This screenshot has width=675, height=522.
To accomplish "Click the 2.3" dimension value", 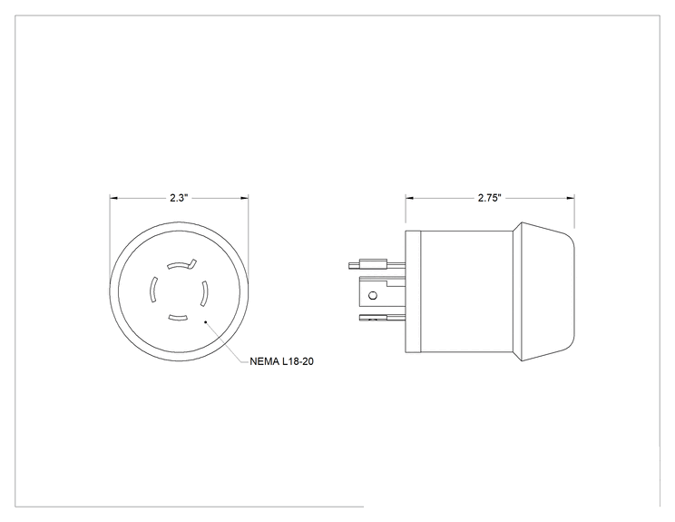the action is click(179, 198).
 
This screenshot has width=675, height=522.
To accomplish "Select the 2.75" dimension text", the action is click(490, 198).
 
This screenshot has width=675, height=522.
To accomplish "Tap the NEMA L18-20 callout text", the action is click(281, 361).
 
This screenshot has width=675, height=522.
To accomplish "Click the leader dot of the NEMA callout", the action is click(206, 321).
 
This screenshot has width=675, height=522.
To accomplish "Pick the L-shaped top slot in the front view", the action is click(181, 264).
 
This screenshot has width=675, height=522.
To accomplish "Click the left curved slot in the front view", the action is click(152, 290).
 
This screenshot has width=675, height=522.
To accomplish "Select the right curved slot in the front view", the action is click(204, 294).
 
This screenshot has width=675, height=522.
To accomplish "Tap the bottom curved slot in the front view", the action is click(178, 318).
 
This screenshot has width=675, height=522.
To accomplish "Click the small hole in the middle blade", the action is click(373, 295).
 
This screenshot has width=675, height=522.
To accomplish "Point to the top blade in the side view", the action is click(377, 264).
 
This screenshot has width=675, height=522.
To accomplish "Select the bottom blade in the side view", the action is click(382, 319).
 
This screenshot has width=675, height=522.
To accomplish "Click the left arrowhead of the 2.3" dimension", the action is click(113, 198).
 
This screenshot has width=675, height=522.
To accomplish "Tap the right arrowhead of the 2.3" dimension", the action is click(244, 198).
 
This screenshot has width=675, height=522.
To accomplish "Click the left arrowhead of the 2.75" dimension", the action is click(409, 198).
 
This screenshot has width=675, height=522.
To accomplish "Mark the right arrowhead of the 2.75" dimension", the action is click(571, 198).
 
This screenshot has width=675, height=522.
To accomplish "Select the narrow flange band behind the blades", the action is click(413, 292).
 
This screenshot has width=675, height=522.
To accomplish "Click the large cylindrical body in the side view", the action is click(466, 292).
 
